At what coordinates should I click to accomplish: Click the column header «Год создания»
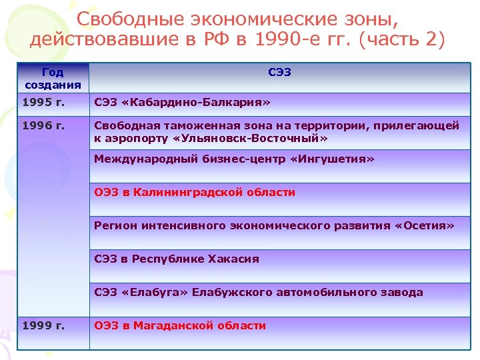point(53,78)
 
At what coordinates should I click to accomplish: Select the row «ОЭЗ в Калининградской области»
point(195,192)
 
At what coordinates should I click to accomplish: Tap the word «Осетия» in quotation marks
point(424,225)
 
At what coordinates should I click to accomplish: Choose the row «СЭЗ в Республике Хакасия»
point(177,259)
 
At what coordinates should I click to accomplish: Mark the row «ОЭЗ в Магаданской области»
point(180,325)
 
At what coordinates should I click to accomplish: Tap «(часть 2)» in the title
point(402,39)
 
